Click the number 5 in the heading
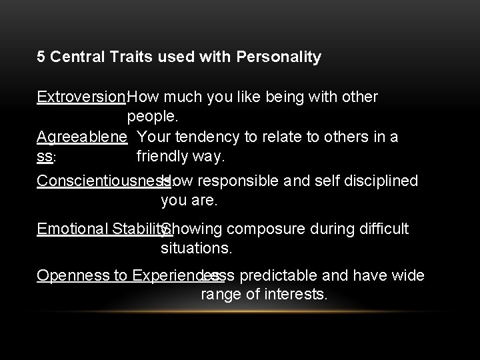point(41,57)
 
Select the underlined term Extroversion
point(81,97)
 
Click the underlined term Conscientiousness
point(100,181)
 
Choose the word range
point(219,295)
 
